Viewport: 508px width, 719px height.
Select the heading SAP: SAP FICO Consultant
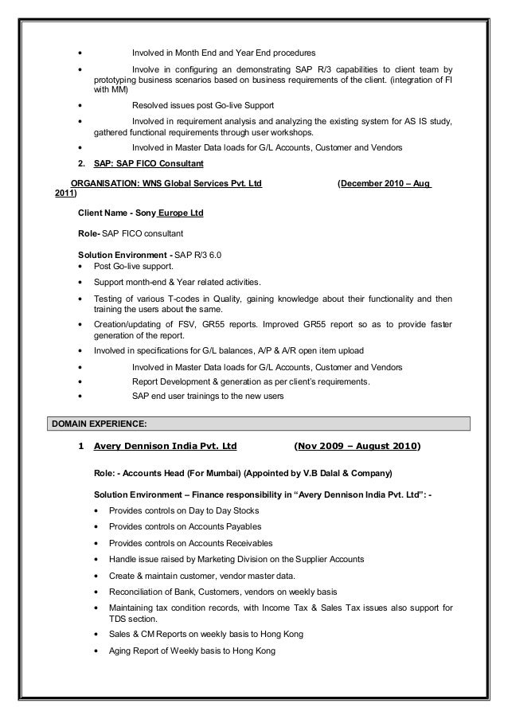(148, 164)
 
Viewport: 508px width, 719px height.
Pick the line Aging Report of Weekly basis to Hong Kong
(184, 651)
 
